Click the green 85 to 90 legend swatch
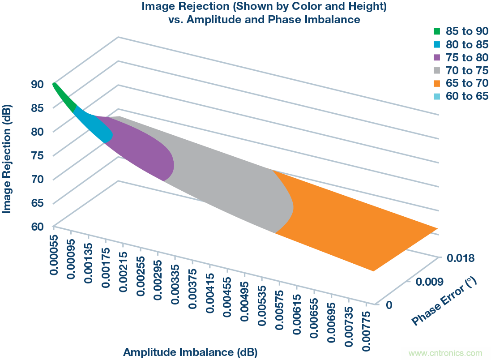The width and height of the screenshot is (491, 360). [437, 31]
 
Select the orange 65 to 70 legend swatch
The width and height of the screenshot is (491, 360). [437, 83]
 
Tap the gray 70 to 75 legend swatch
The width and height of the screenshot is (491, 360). [437, 70]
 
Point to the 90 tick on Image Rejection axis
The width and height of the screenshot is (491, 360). [37, 84]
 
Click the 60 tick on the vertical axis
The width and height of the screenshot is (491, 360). [37, 226]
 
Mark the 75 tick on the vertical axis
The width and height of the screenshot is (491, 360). [37, 155]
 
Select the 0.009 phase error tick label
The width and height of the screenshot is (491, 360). [430, 281]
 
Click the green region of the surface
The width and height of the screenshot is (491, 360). [65, 97]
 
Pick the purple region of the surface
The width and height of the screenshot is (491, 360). [143, 148]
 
